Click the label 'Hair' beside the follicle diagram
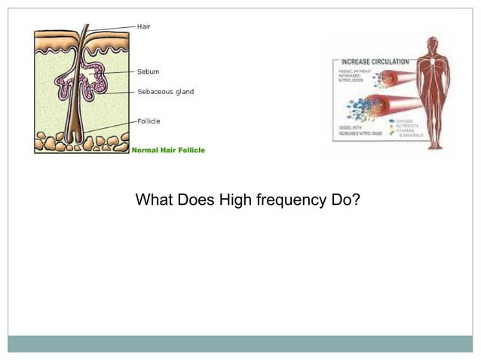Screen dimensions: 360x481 (143, 26)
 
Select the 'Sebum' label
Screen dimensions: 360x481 (148, 72)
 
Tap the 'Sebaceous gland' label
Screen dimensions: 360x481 (165, 92)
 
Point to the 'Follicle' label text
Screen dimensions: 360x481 (149, 121)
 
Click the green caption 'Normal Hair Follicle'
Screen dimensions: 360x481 (168, 150)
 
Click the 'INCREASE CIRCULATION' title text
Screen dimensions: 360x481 (375, 60)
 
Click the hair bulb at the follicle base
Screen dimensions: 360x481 (78, 140)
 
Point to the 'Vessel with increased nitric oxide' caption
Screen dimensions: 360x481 (351, 133)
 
